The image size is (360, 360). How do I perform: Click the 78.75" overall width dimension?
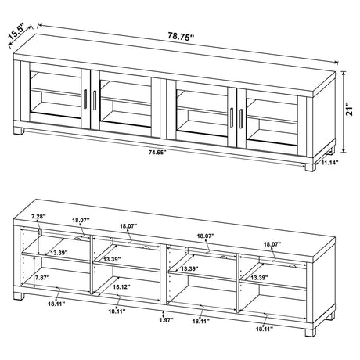pyautogui.click(x=181, y=35)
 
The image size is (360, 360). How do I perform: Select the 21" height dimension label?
pyautogui.click(x=351, y=112)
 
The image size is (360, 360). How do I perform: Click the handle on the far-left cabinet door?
pyautogui.click(x=84, y=100)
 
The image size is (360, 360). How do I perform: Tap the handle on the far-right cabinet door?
pyautogui.click(x=242, y=117)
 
